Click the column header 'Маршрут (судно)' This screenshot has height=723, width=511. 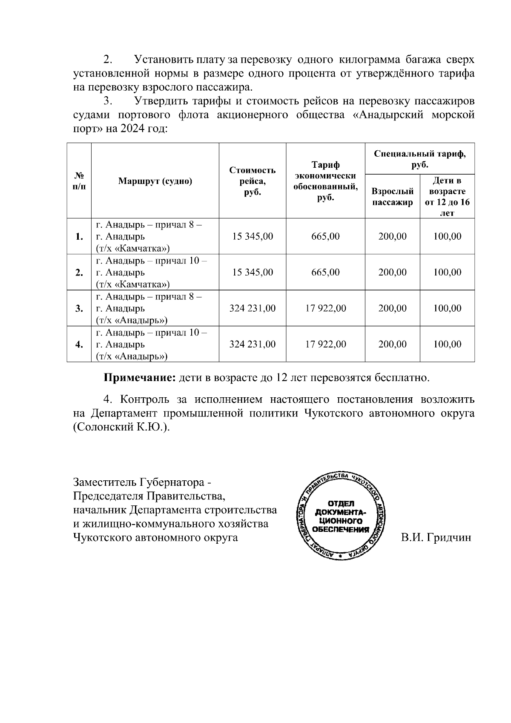(155, 181)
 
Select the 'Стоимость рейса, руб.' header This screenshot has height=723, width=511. (252, 181)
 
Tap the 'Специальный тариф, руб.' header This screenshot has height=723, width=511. (419, 159)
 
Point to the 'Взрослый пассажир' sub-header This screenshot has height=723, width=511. (393, 197)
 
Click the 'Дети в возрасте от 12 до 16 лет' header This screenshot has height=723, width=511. (447, 197)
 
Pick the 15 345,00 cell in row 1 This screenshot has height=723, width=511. (252, 236)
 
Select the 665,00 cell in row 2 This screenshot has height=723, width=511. (325, 273)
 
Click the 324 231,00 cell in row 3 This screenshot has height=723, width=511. (252, 308)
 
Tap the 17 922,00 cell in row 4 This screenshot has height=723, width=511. (325, 344)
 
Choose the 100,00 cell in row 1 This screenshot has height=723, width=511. (447, 236)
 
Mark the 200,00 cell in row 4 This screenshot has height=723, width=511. (393, 344)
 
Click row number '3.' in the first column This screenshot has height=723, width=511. (79, 309)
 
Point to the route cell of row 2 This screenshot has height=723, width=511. (151, 273)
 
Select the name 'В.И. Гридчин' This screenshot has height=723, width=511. (436, 537)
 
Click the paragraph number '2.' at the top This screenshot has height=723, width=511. (107, 59)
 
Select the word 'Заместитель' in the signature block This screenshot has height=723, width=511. (104, 483)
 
